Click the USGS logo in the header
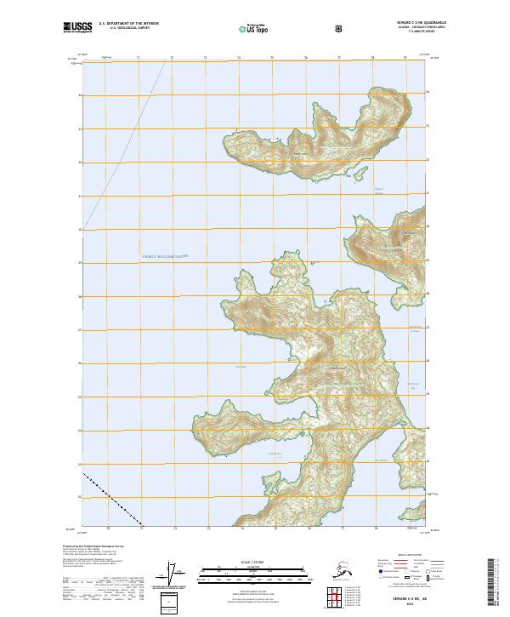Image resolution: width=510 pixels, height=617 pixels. (x=76, y=29)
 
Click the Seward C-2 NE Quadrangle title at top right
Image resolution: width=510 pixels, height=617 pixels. (x=422, y=23)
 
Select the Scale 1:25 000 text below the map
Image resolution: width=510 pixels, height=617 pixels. (x=255, y=563)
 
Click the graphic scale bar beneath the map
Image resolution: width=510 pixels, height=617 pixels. (x=255, y=575)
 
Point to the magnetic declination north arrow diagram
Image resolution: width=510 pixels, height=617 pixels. (x=177, y=574)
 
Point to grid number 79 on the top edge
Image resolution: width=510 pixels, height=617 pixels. (x=405, y=58)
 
